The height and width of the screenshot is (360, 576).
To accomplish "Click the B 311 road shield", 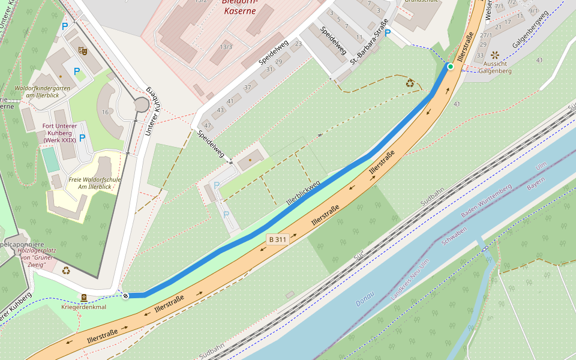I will [278, 239].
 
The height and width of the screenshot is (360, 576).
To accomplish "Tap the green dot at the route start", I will [450, 66].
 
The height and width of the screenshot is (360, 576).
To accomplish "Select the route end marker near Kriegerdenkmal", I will [125, 295].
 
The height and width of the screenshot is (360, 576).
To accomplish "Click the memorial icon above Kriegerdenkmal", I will [84, 298].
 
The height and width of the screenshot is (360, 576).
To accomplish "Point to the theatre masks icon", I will [83, 52].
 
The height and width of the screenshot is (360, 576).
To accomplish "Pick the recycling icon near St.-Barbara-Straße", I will [410, 83].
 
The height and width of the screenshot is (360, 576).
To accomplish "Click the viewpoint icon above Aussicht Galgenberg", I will [494, 55].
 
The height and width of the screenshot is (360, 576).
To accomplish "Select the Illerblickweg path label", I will [303, 193].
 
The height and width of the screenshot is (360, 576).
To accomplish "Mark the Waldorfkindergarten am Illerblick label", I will [42, 92].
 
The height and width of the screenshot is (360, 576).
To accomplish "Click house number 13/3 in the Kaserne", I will [226, 46].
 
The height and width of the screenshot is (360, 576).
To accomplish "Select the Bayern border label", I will [535, 184].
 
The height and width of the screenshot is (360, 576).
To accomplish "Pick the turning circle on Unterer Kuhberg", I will [141, 105].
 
